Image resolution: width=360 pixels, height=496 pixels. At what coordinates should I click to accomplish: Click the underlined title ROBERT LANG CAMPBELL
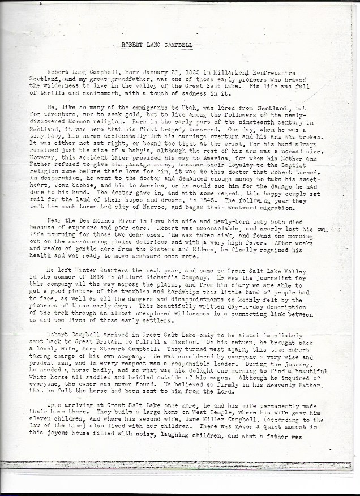tap(157, 44)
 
